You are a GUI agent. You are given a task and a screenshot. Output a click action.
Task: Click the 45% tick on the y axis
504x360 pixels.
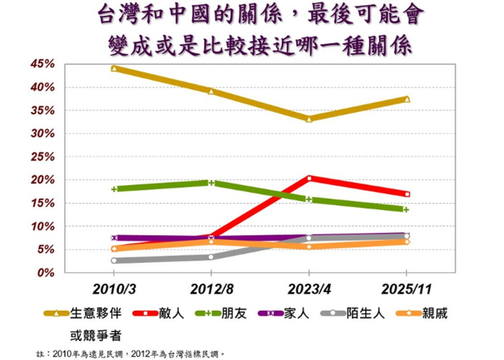coord(43,64)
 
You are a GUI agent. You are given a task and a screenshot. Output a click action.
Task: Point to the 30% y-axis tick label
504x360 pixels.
coord(43,134)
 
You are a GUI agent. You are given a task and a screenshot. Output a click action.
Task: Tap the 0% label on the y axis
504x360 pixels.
coord(46,272)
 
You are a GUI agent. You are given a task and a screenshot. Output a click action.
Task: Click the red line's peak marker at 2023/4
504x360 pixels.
coord(309,178)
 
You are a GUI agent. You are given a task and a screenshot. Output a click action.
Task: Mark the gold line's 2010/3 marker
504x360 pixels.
coord(114,68)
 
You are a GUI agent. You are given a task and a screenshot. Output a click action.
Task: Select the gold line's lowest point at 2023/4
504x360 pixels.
coord(309,119)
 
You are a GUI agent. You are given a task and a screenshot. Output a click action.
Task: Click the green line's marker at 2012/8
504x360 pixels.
coord(212,183)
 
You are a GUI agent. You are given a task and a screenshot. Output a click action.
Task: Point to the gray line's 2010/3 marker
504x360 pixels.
coord(114,260)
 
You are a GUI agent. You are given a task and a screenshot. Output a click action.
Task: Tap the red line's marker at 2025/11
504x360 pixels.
coord(407,194)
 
